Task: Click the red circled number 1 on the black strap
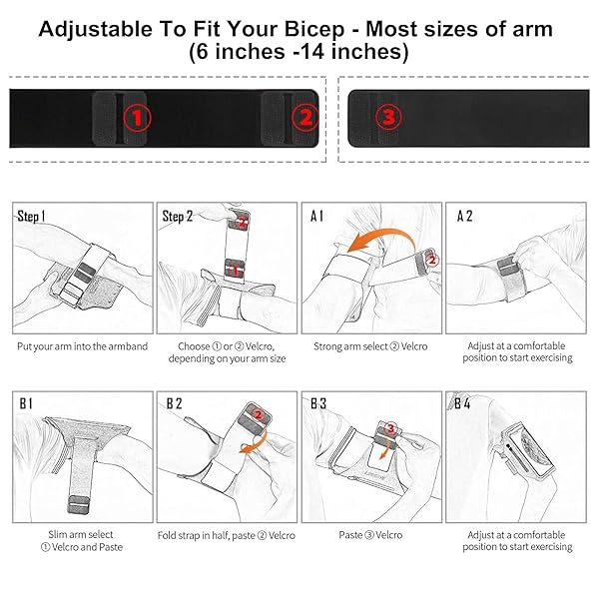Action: pyautogui.click(x=137, y=118)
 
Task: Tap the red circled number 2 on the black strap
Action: pyautogui.click(x=305, y=117)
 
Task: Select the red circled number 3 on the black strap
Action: pyautogui.click(x=388, y=117)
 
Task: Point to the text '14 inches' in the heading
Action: pyautogui.click(x=352, y=52)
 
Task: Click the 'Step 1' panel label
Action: pyautogui.click(x=31, y=217)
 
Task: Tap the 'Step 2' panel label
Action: pyautogui.click(x=178, y=217)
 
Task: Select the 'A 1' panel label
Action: pyautogui.click(x=316, y=217)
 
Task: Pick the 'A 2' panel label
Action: pyautogui.click(x=464, y=217)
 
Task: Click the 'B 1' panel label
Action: pyautogui.click(x=26, y=403)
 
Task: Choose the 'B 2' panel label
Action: pyautogui.click(x=174, y=403)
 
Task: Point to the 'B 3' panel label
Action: pyautogui.click(x=318, y=403)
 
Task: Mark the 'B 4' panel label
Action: pyautogui.click(x=462, y=403)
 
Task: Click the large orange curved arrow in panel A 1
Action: pyautogui.click(x=385, y=234)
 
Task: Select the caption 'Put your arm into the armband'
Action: pyautogui.click(x=82, y=346)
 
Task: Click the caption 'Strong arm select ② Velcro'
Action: pyautogui.click(x=370, y=346)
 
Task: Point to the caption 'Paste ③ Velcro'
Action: pyautogui.click(x=370, y=535)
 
